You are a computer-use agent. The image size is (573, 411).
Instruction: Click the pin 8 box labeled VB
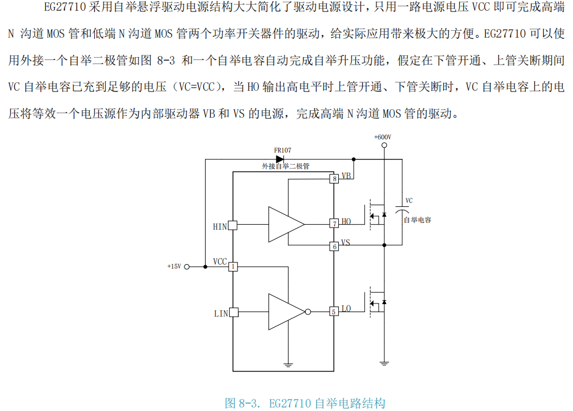pos(334,178)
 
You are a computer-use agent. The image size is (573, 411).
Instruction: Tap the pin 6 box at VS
pos(334,246)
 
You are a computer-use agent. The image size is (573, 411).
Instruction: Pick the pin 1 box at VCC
pos(233,266)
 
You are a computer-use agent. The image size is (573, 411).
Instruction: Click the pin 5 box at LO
pos(334,312)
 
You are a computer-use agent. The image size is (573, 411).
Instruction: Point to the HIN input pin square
pos(233,226)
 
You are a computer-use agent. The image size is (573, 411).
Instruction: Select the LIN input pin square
pos(233,312)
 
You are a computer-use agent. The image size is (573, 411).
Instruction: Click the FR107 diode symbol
pos(281,159)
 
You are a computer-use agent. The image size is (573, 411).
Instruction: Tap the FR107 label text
pos(282,150)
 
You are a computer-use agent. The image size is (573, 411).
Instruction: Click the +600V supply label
pos(382,137)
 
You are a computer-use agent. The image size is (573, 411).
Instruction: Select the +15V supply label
pos(174,266)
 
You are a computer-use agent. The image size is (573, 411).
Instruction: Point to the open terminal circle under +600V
pos(384,146)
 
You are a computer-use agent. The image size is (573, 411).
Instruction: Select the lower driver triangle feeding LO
pos(286,312)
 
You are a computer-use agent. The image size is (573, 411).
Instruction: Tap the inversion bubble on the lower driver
pos(308,312)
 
